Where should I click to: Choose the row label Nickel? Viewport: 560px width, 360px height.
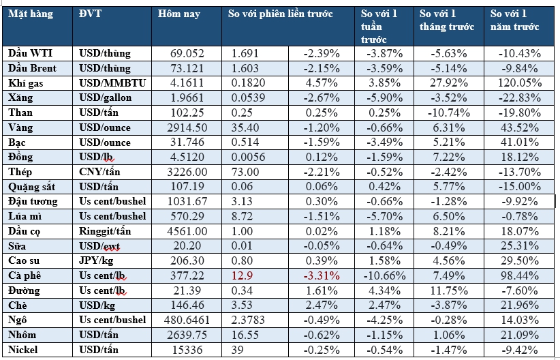24,350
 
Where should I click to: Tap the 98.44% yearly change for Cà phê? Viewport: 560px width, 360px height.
523,275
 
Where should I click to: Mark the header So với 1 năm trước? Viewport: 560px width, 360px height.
515,20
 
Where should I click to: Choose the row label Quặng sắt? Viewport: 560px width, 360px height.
32,187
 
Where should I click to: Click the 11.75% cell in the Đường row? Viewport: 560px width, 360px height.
452,290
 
